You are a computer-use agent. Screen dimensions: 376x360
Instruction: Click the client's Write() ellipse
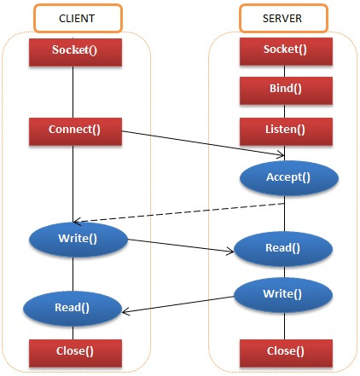[78, 238]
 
